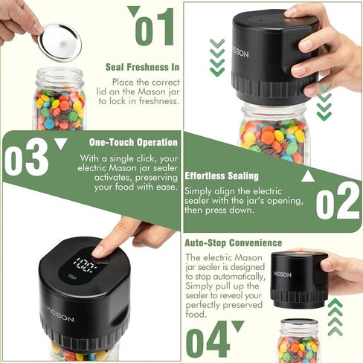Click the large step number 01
(x=154, y=27)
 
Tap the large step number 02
(x=338, y=200)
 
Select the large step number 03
(x=26, y=157)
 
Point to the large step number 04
(x=208, y=339)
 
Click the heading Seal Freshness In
(x=142, y=67)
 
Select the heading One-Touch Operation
(x=133, y=142)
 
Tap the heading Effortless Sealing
(x=222, y=176)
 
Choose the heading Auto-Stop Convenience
(x=234, y=242)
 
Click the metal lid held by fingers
(x=60, y=42)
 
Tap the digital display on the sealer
(x=86, y=264)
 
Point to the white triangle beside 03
(x=61, y=144)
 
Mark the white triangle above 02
(x=308, y=176)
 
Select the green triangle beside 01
(x=134, y=11)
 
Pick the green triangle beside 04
(x=238, y=326)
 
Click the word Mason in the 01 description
(x=152, y=91)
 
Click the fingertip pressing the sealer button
(x=98, y=252)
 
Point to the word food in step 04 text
(x=196, y=314)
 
